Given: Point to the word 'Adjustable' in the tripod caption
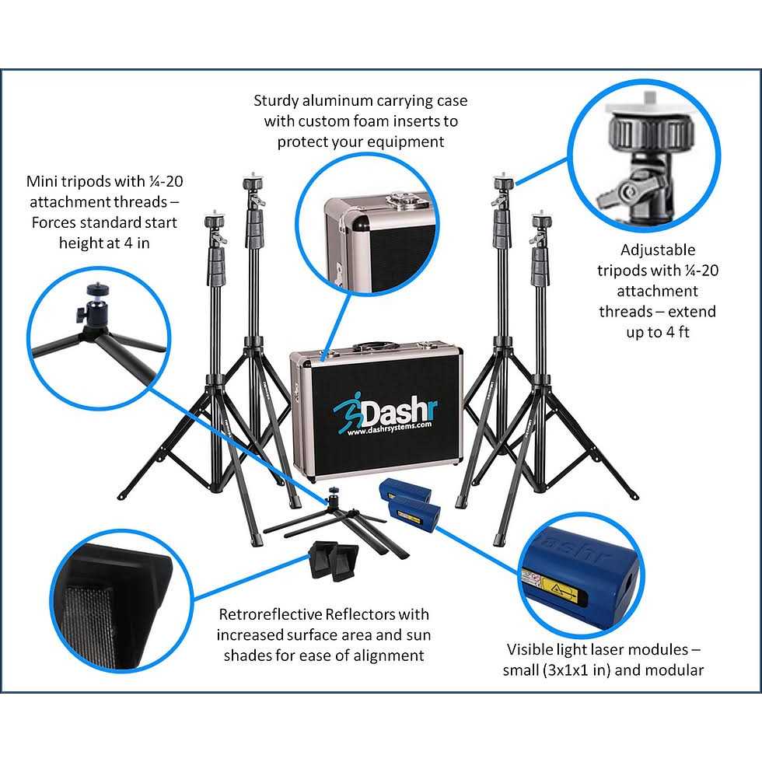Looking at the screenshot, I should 658,250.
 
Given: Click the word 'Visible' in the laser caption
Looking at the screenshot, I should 531,649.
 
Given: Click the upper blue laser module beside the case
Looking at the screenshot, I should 404,493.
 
